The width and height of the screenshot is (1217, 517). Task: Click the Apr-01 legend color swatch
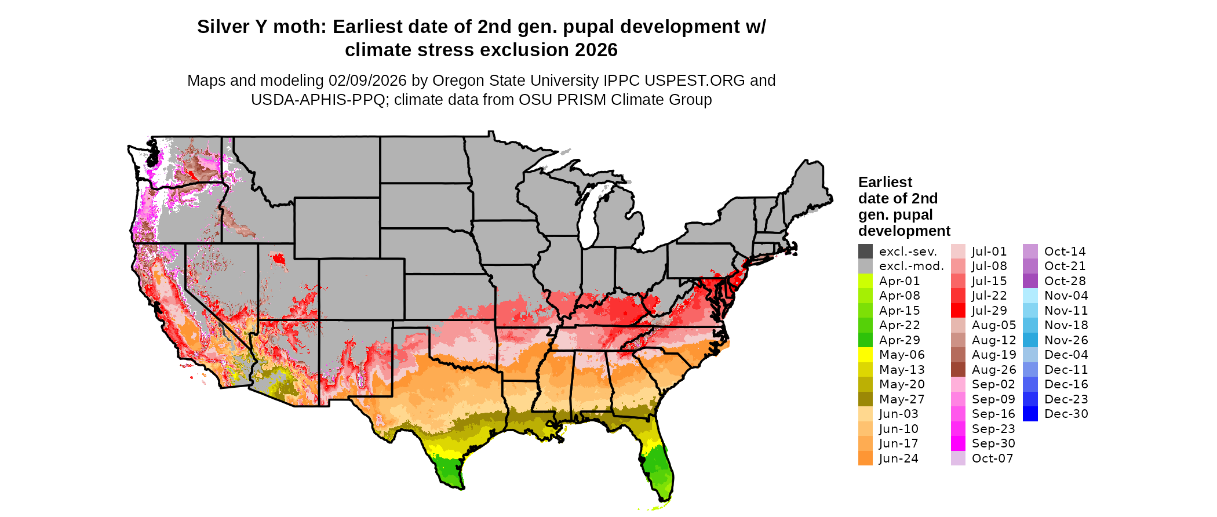[x=865, y=281]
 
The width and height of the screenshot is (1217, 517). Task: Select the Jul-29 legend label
[x=989, y=311]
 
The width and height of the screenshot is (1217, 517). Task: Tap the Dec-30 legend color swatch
[x=1030, y=414]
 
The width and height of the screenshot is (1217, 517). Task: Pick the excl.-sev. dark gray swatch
[x=865, y=252]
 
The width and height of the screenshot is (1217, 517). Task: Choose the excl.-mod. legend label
[x=911, y=266]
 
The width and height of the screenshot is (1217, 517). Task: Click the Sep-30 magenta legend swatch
[x=958, y=443]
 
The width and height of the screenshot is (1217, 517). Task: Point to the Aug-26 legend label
[x=993, y=370]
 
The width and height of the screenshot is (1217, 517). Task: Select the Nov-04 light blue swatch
[x=1030, y=296]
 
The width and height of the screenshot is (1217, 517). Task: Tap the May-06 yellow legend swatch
[x=865, y=355]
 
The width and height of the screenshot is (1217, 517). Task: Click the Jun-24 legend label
[x=898, y=458]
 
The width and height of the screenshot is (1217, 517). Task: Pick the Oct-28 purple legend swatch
[x=1030, y=281]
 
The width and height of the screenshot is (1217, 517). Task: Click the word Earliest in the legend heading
[x=885, y=183]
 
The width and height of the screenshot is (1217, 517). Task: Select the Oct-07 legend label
[x=992, y=458]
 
